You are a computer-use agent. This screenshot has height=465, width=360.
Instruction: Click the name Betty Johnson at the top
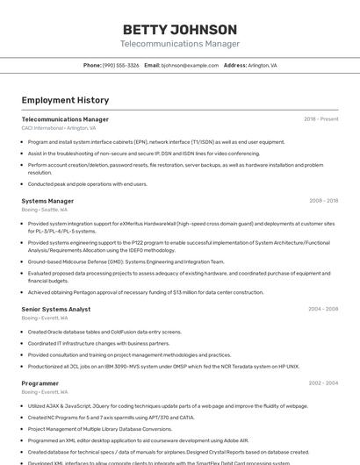coord(180,30)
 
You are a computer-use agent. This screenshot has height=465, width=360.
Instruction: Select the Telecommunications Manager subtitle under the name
coord(180,44)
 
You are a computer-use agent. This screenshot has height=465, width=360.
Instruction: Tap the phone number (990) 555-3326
coord(121,66)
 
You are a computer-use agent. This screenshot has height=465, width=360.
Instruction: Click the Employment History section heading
coord(65,100)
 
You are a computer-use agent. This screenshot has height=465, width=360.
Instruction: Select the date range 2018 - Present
coord(320,119)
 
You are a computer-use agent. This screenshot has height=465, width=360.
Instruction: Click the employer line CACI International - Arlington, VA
coord(59,128)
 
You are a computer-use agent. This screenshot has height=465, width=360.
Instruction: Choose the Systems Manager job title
coord(47,201)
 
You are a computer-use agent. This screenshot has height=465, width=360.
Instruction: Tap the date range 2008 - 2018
coord(323,201)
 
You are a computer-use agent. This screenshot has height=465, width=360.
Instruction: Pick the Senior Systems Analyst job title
coord(55,309)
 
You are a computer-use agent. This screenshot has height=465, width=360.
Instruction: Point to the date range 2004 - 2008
coord(323,309)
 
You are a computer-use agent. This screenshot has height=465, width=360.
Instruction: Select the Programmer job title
coord(40,383)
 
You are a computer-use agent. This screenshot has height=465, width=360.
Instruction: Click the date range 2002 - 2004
coord(323,383)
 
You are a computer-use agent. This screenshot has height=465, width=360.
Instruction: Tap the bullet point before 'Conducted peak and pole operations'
coord(23,184)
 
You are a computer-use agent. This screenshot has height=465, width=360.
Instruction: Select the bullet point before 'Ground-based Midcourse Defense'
coord(23,261)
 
